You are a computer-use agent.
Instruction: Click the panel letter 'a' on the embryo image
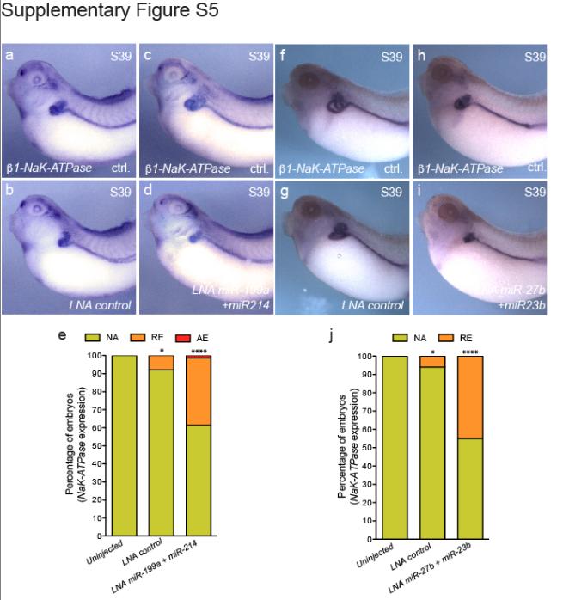tap(9, 58)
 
